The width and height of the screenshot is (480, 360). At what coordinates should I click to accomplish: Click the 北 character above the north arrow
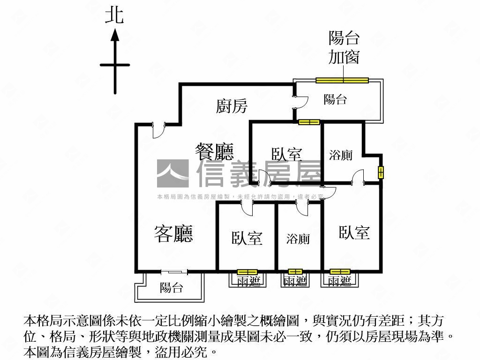click(x=114, y=15)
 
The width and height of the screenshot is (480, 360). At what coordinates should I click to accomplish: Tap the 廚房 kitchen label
click(x=232, y=106)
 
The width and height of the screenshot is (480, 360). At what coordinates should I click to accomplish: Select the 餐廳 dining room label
click(x=214, y=151)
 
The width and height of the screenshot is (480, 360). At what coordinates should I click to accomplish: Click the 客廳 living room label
click(x=173, y=233)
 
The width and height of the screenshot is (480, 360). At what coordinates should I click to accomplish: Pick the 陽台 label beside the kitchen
click(x=335, y=99)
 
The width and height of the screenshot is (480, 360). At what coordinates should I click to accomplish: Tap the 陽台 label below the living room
click(x=171, y=288)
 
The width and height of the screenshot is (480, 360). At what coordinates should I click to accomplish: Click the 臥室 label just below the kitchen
click(x=286, y=154)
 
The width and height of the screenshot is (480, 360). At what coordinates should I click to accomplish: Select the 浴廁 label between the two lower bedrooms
click(x=298, y=239)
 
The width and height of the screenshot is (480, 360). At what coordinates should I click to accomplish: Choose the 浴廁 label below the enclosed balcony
click(x=341, y=155)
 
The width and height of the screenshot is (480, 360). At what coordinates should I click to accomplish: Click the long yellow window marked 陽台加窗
click(x=342, y=80)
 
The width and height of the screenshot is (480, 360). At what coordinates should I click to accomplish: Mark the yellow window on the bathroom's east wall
click(x=381, y=172)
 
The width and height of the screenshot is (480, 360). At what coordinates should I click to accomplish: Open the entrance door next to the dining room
click(x=159, y=130)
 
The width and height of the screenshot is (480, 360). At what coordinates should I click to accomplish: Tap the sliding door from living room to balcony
click(x=174, y=271)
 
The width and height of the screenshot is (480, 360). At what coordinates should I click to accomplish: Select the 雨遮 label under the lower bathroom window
click(x=295, y=281)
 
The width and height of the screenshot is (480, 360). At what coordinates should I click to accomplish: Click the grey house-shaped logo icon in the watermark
click(x=172, y=173)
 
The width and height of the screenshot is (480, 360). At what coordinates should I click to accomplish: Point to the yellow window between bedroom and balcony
click(x=309, y=122)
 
